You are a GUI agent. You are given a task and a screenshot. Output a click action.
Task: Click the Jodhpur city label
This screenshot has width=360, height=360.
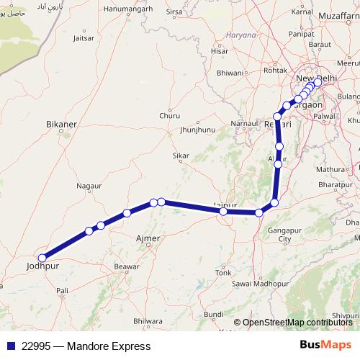click(41, 267)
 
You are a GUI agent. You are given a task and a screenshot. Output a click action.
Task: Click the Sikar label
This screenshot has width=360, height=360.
click(181, 156)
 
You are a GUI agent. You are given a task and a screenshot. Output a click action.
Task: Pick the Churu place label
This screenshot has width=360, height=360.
click(170, 115)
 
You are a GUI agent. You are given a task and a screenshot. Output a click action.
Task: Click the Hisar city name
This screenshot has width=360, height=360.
click(220, 52)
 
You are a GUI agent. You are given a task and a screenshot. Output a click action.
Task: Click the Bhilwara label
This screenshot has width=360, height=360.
click(148, 320)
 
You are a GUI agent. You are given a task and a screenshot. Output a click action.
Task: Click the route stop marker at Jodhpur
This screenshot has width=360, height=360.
click(42, 258)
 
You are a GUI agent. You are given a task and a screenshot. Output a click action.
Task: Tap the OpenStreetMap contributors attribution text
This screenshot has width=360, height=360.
click(297, 323)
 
